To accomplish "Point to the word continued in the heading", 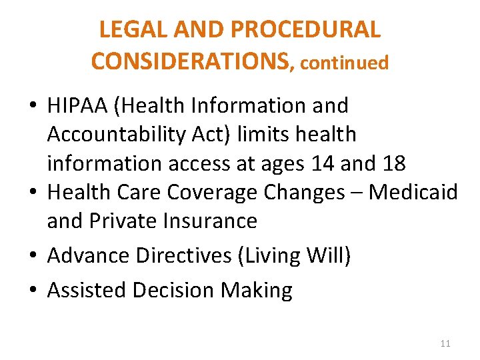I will pos(344,63).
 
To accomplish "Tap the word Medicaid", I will pos(413,192).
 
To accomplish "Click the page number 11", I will pos(445,343).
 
